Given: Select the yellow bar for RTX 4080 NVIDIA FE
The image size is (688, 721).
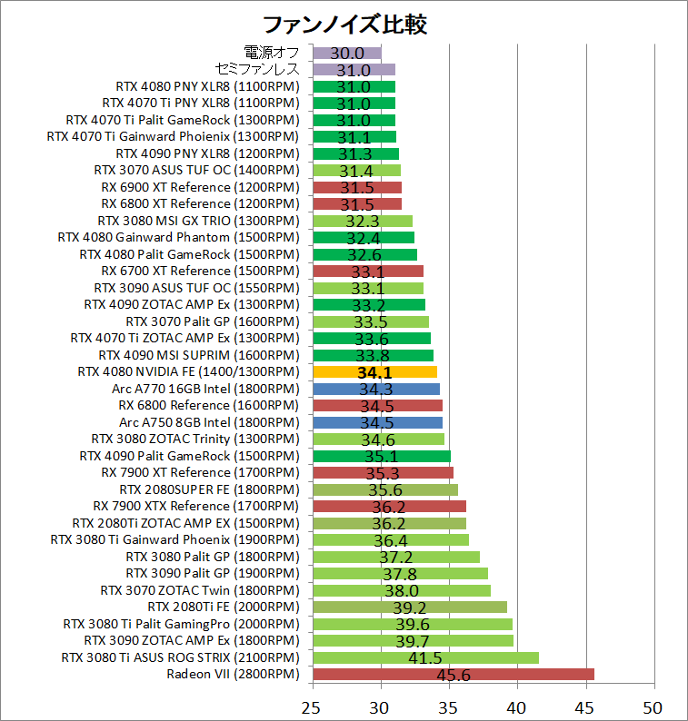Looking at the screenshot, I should (374, 371).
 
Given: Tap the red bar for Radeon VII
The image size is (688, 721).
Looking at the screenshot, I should (453, 674).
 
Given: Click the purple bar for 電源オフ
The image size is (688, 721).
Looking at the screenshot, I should (346, 53).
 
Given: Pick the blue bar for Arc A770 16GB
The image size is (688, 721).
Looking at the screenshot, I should (375, 389).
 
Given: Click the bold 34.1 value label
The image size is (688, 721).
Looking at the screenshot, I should (374, 372).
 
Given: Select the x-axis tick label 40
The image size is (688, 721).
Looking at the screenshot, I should (517, 705).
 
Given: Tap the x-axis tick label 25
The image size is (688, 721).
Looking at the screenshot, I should (313, 705).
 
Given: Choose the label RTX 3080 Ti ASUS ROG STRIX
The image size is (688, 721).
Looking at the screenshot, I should (180, 657).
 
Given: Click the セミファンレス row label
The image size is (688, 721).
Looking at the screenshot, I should (257, 70).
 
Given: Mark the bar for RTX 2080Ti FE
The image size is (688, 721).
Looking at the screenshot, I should (409, 607).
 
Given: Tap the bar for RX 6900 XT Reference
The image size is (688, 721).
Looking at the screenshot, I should (356, 187).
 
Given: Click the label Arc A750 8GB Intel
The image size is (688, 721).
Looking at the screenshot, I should (208, 422).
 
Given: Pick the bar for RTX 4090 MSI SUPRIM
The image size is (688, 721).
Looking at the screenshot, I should (373, 355).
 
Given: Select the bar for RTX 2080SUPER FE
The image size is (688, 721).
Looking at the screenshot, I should (384, 489).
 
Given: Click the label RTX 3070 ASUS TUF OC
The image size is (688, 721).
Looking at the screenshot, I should (195, 170).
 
